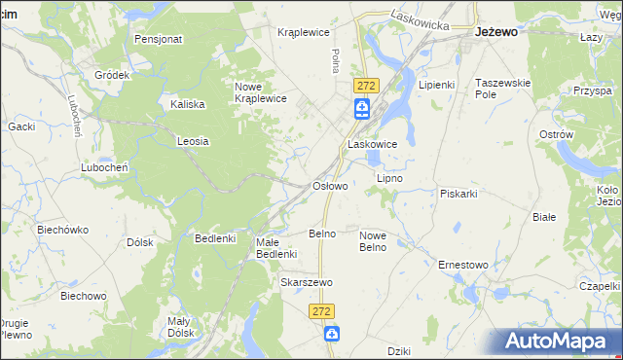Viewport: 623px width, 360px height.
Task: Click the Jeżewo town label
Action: point(495,31)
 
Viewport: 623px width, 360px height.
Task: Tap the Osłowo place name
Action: point(329,186)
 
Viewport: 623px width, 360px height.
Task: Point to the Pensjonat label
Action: point(160,40)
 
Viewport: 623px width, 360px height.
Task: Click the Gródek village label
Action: point(112,75)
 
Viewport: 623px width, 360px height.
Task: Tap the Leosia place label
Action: point(193,141)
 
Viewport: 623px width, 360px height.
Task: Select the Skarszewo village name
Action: point(307,282)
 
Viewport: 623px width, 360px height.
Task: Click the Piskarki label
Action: point(458,194)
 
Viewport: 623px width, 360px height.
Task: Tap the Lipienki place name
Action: point(437,85)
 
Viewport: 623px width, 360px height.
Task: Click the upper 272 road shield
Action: point(365,86)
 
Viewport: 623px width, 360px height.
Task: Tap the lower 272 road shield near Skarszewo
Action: point(324,310)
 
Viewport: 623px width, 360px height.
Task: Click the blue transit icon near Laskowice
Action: point(362,108)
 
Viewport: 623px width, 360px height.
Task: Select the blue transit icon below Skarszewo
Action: point(332,335)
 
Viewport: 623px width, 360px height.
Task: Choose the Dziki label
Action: point(399,351)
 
